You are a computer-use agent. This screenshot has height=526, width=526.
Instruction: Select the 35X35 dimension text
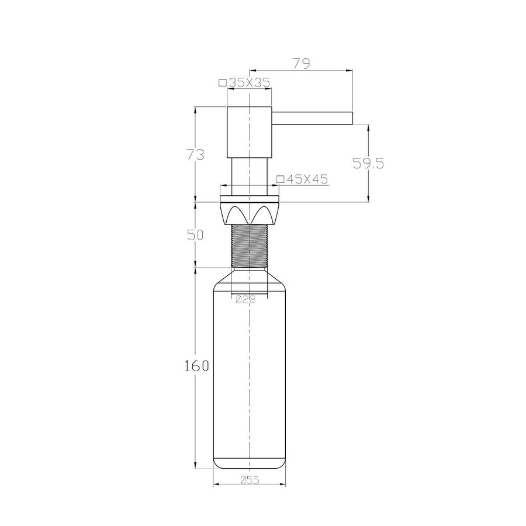click(x=250, y=83)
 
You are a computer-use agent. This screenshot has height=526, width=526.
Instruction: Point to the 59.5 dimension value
click(x=368, y=164)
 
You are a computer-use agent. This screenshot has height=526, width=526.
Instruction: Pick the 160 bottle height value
click(x=196, y=366)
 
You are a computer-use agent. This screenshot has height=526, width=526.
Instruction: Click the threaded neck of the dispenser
click(x=250, y=246)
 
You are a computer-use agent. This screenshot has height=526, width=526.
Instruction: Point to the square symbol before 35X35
click(x=222, y=83)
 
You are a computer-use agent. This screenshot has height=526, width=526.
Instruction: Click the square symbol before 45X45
click(x=280, y=179)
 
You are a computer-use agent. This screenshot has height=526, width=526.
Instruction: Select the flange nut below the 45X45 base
click(x=250, y=213)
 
